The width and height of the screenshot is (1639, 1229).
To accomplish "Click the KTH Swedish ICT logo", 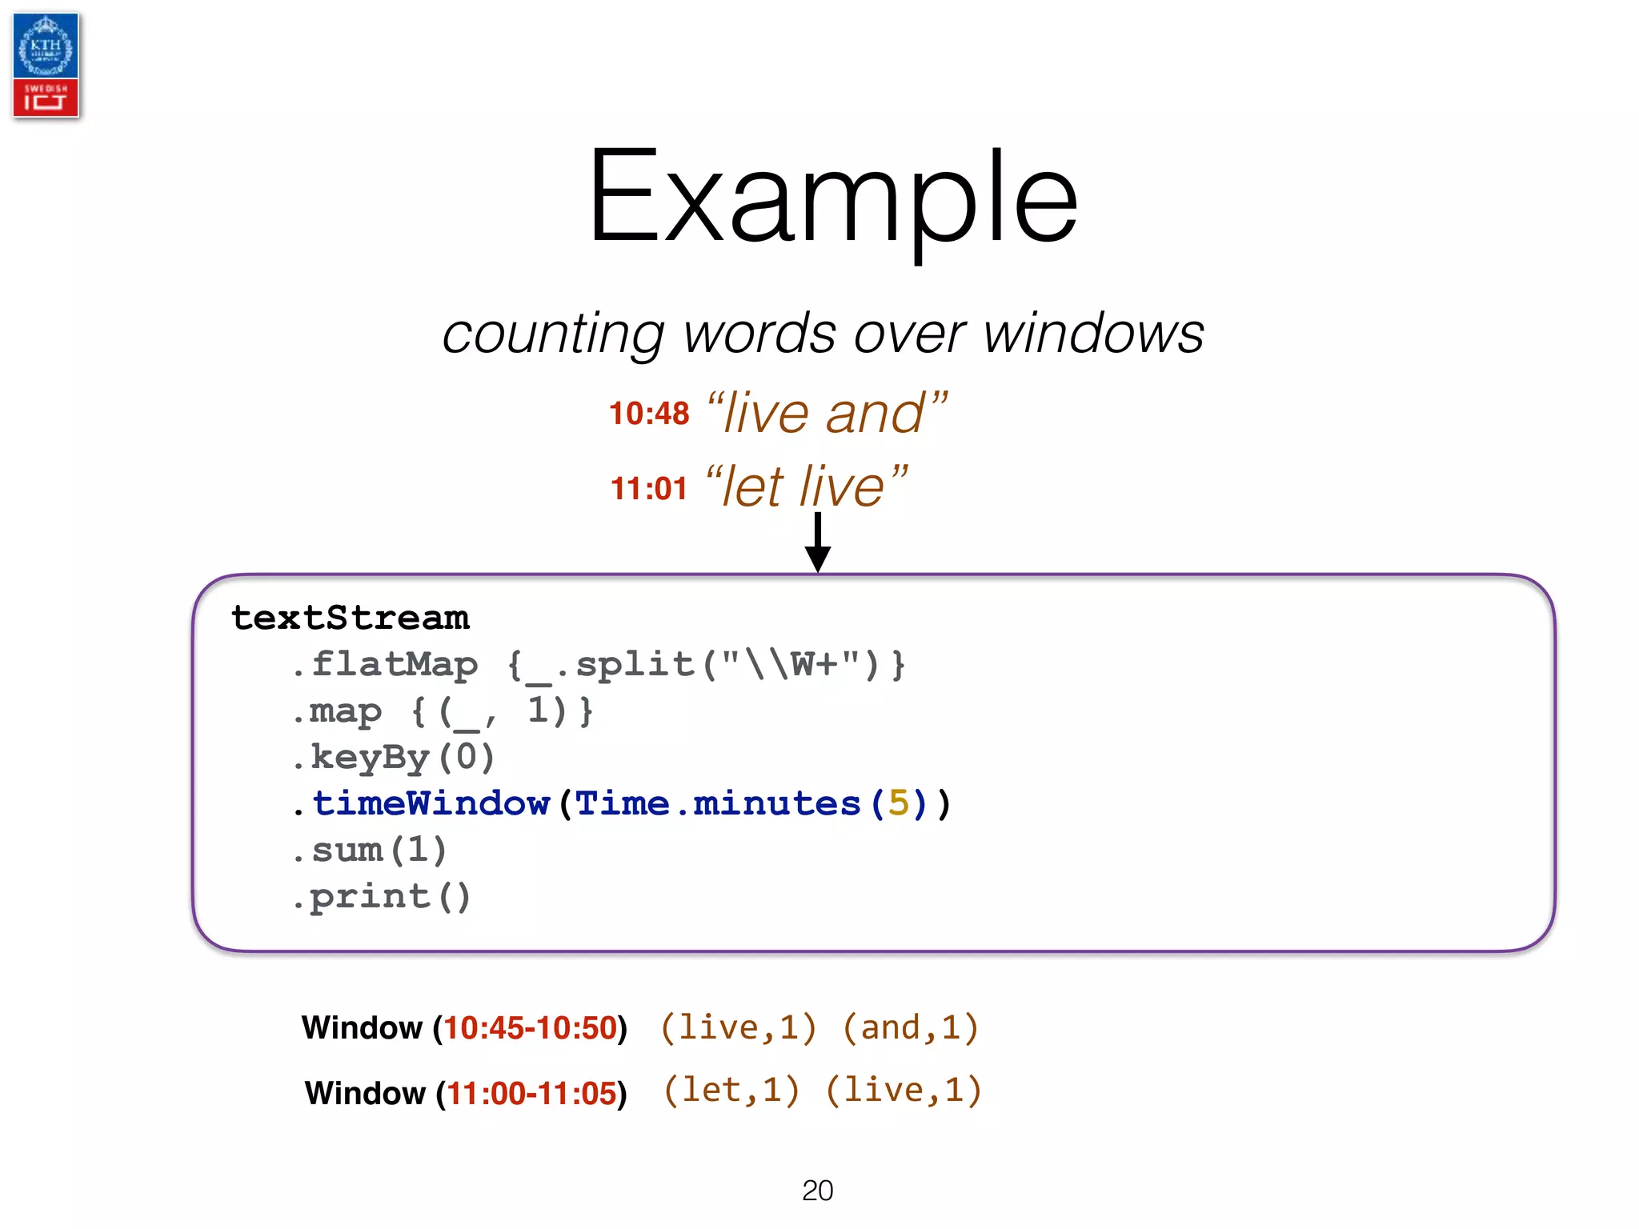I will (46, 66).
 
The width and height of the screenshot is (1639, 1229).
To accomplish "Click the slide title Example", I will (832, 198).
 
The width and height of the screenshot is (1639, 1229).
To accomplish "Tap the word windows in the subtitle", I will (1093, 333).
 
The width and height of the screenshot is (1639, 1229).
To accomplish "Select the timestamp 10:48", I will (649, 414).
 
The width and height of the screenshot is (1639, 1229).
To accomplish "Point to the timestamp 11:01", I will (649, 488).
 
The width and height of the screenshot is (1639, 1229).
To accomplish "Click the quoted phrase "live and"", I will (828, 414).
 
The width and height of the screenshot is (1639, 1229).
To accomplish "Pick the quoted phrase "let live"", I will (807, 486).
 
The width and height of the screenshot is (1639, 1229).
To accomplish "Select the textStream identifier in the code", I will (351, 618).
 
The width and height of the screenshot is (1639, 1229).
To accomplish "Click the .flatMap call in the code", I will (386, 664).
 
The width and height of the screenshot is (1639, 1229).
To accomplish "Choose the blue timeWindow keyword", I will (431, 803).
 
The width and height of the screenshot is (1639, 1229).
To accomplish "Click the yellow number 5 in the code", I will (898, 803).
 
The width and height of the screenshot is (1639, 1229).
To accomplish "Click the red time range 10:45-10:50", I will (531, 1028).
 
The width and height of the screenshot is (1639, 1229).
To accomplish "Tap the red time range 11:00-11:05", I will (532, 1094).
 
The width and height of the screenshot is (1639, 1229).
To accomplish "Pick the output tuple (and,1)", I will (911, 1028).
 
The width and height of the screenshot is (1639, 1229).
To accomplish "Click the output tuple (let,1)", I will (731, 1091).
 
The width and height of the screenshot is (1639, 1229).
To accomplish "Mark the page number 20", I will (817, 1191).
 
